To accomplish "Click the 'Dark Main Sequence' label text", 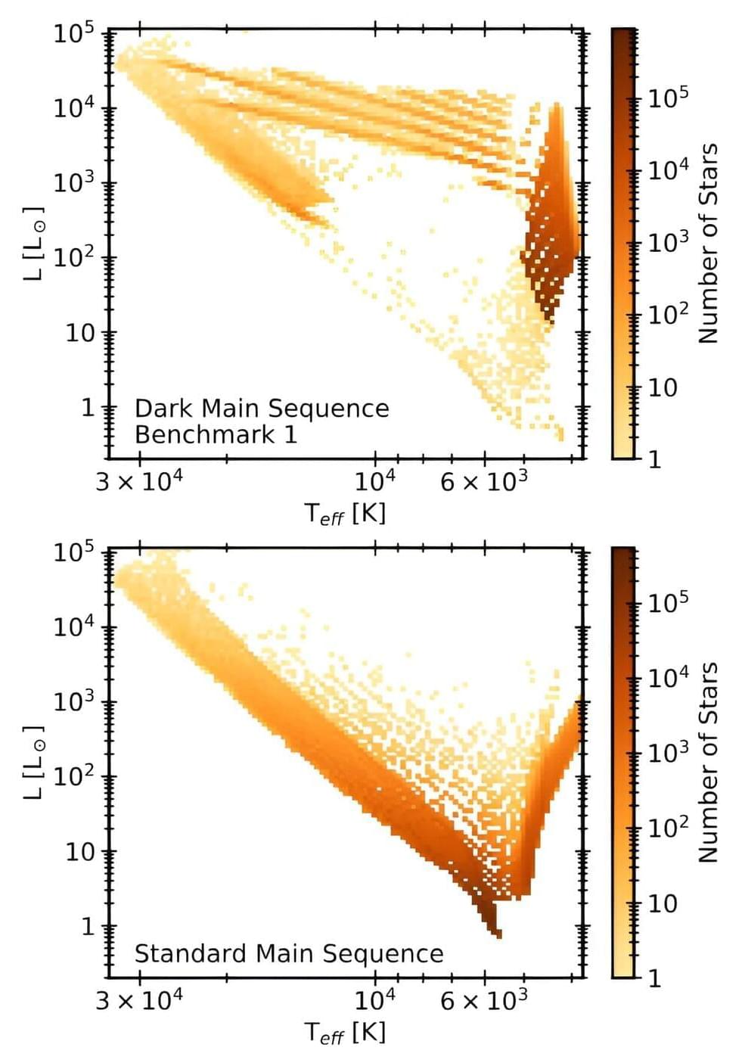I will pyautogui.click(x=262, y=409).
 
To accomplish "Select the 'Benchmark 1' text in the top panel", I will pyautogui.click(x=216, y=435).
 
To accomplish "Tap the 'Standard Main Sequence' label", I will pyautogui.click(x=289, y=953).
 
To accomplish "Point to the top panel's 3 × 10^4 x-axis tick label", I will pyautogui.click(x=139, y=480).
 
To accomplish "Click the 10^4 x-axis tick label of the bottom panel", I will pyautogui.click(x=375, y=1000).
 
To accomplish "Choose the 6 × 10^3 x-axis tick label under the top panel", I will pyautogui.click(x=484, y=480).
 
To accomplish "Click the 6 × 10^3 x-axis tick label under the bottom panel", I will pyautogui.click(x=484, y=1000).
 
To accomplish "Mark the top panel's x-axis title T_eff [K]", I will pyautogui.click(x=345, y=514).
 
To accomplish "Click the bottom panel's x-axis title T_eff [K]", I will pyautogui.click(x=345, y=1032).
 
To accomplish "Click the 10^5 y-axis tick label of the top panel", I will pyautogui.click(x=73, y=34).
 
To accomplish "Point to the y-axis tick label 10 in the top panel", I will pyautogui.click(x=80, y=333).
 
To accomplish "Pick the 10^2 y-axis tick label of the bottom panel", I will pyautogui.click(x=73, y=776).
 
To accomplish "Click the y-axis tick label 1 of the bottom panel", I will pyautogui.click(x=88, y=926).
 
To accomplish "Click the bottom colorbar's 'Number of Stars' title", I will pyautogui.click(x=708, y=763).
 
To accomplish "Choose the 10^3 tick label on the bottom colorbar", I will pyautogui.click(x=668, y=752).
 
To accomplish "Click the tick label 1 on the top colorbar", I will pyautogui.click(x=655, y=459).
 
